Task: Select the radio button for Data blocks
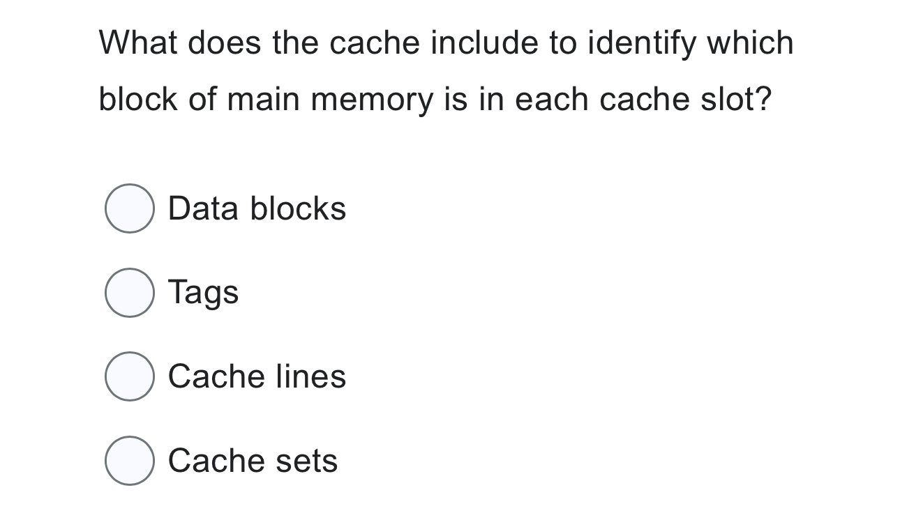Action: (130, 208)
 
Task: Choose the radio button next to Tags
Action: (130, 293)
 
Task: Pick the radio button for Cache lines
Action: (130, 376)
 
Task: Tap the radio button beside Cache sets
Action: (130, 461)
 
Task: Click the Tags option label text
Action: (203, 292)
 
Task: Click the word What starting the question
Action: (138, 43)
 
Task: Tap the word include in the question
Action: (484, 43)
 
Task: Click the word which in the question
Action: (750, 43)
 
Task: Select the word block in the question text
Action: (138, 99)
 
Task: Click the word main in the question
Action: (264, 99)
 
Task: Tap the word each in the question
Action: (552, 99)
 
